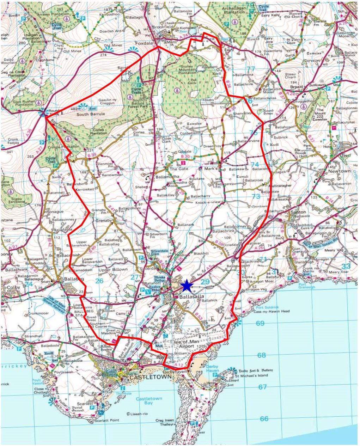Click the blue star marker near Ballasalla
click(x=187, y=286)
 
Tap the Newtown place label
click(x=339, y=171)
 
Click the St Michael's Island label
click(x=252, y=375)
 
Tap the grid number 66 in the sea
click(x=264, y=419)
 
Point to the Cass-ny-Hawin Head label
click(x=273, y=311)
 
